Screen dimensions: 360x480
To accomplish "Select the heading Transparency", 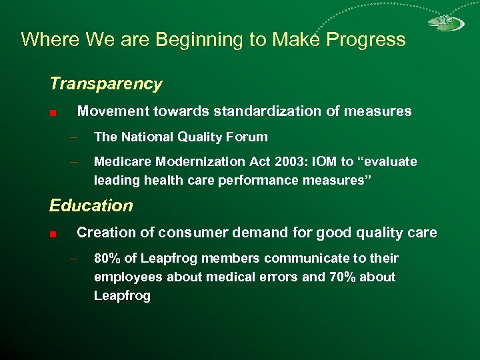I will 105,84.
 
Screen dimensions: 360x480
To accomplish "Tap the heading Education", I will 91,205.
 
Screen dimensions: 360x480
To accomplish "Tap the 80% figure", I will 107,258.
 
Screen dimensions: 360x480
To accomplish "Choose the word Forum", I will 247,137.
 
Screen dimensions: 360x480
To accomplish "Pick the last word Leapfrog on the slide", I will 122,295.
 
